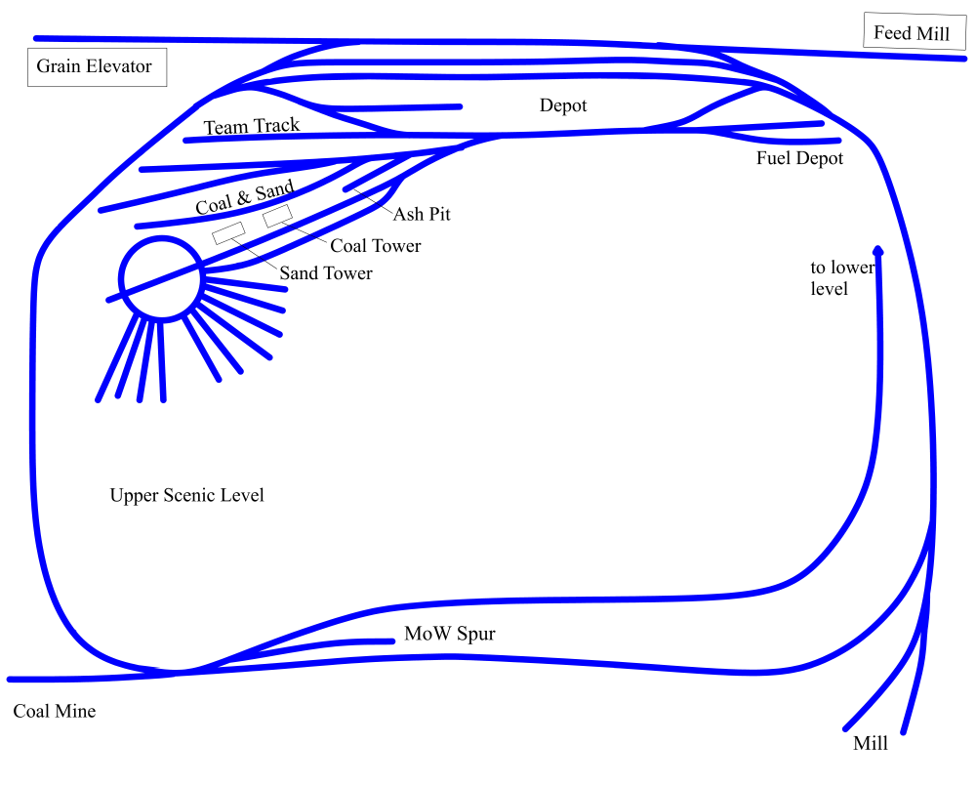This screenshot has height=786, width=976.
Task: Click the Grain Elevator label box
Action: click(96, 67)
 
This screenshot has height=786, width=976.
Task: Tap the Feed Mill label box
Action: click(914, 33)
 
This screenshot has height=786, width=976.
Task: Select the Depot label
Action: click(563, 105)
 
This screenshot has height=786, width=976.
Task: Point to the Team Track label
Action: click(252, 126)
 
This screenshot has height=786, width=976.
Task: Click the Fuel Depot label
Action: click(799, 158)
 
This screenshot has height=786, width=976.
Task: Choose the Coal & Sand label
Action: click(244, 198)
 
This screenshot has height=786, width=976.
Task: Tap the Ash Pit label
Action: click(422, 213)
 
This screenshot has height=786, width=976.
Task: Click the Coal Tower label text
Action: click(376, 246)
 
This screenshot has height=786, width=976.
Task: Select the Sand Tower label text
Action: click(326, 273)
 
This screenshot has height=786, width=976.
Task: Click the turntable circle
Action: click(160, 278)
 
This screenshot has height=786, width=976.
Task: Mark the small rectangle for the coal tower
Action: click(278, 216)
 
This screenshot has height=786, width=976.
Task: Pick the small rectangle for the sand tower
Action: click(229, 232)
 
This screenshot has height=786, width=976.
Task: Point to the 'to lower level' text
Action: click(841, 278)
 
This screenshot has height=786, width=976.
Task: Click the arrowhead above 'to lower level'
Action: click(878, 250)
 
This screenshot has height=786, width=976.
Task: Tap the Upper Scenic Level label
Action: click(186, 495)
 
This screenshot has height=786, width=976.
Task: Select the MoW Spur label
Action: click(450, 635)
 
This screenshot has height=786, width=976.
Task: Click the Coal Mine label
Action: click(55, 712)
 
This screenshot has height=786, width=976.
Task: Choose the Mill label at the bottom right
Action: click(871, 744)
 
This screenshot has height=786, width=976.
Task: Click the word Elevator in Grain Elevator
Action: click(119, 67)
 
